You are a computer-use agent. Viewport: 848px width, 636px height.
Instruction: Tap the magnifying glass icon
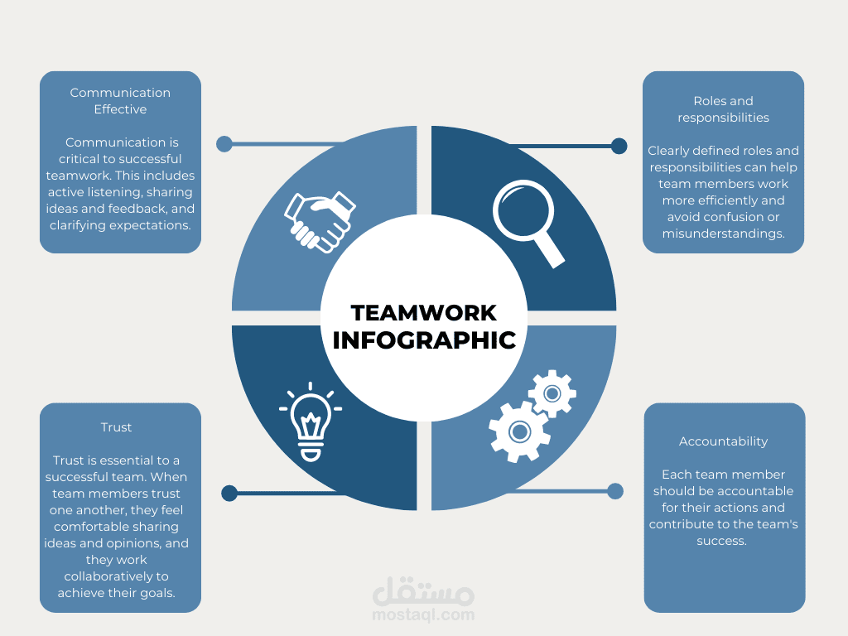(528, 219)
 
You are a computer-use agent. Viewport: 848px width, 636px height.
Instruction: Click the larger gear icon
(519, 431)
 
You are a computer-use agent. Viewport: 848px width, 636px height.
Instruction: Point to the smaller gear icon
(552, 393)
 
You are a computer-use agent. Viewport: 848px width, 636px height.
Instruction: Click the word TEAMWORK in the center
(423, 312)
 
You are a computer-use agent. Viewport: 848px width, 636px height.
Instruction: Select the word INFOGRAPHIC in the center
(423, 340)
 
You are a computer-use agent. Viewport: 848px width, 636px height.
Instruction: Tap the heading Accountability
(723, 441)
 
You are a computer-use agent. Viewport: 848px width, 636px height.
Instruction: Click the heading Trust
(116, 427)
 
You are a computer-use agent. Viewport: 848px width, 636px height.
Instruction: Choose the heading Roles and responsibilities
(723, 109)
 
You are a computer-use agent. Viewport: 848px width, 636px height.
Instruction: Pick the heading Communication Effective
(120, 101)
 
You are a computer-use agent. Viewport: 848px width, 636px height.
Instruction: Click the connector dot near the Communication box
(224, 144)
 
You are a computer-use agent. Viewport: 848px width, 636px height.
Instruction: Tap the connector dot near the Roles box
(619, 147)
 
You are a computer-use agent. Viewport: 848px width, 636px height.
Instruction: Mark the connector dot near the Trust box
(229, 494)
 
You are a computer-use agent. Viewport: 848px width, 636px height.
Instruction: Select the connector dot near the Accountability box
(615, 491)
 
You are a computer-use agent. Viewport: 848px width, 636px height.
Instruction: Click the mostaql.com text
(423, 614)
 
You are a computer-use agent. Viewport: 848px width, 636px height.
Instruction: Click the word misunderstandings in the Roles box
(723, 234)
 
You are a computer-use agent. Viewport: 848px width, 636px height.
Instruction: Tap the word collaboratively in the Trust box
(117, 576)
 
